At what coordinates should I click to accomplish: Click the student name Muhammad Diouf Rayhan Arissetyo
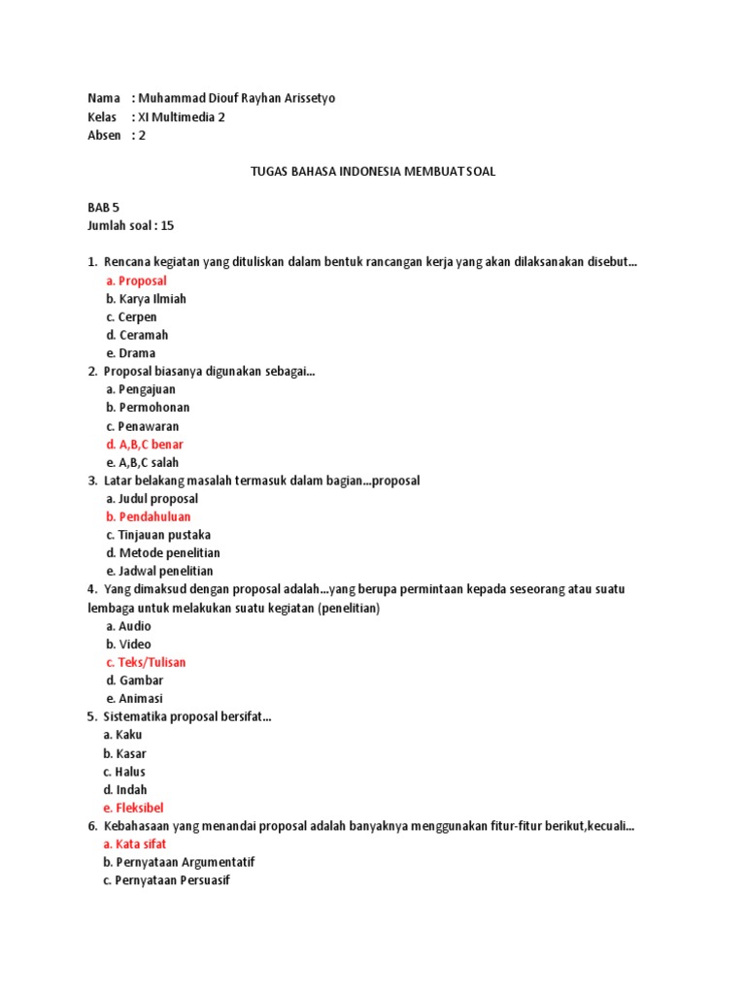(x=237, y=98)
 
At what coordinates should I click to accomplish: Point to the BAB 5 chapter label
(x=103, y=208)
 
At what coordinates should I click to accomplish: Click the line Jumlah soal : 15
(x=131, y=225)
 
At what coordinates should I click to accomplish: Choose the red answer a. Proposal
(x=137, y=281)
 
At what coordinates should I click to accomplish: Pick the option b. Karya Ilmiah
(x=147, y=299)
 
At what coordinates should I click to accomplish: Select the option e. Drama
(x=131, y=353)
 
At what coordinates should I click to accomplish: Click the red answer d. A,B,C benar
(x=145, y=445)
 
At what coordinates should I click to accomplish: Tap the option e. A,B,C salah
(x=143, y=462)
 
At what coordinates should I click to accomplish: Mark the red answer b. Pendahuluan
(x=149, y=516)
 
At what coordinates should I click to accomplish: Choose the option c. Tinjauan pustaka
(x=158, y=535)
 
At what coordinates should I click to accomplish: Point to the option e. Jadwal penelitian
(x=160, y=571)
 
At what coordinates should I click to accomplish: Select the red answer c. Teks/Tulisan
(x=146, y=662)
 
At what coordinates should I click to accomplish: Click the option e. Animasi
(x=135, y=698)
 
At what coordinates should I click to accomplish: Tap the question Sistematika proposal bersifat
(x=186, y=717)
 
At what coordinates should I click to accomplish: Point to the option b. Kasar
(x=124, y=753)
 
